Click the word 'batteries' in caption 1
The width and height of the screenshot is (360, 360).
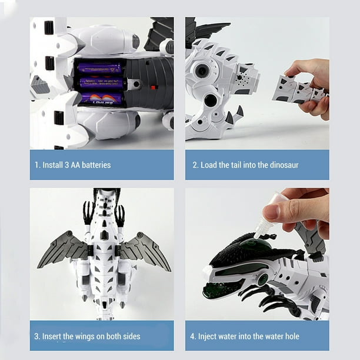coord(94,165)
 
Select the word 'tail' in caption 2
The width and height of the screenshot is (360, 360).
coord(242,165)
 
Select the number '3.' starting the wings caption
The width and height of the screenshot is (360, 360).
coord(37,336)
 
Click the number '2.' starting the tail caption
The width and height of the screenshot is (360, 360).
coord(196,165)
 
